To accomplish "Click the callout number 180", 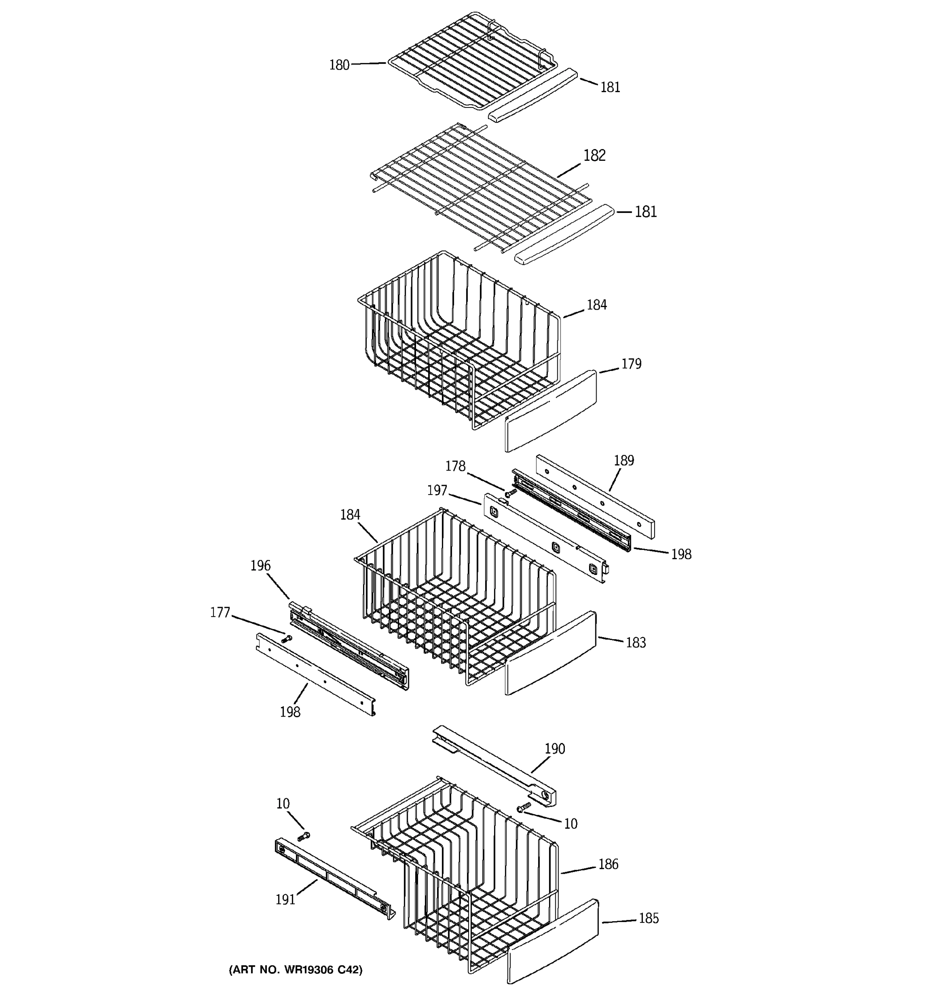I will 339,65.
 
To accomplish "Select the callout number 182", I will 594,155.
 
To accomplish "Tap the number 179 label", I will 631,364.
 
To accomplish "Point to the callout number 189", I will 624,460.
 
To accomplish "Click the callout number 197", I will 437,490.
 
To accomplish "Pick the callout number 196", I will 261,565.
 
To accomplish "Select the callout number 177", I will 220,612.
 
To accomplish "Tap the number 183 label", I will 636,642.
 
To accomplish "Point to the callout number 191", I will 285,900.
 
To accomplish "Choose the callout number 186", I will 608,864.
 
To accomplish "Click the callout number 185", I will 648,918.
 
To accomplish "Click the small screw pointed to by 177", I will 286,639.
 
